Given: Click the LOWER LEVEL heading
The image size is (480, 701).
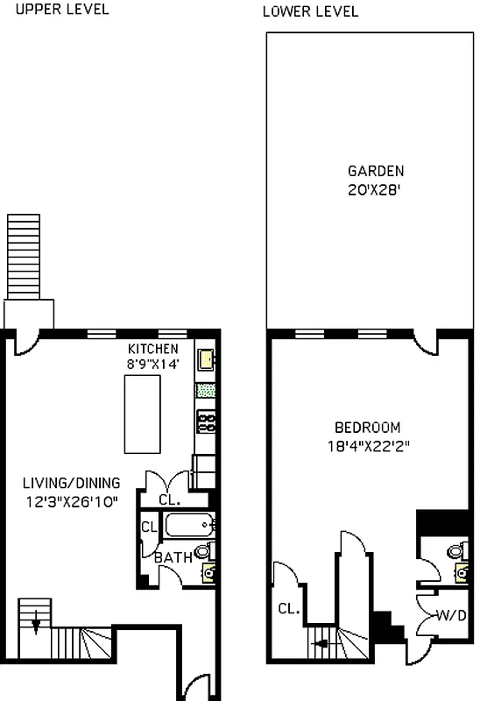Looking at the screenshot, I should [x=310, y=11].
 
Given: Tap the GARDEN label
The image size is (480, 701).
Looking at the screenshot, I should [x=376, y=171].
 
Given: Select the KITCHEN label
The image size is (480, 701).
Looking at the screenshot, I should [x=154, y=350].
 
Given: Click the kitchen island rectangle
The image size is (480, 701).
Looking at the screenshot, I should [x=144, y=411].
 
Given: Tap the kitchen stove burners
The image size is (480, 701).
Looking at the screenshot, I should [x=207, y=422].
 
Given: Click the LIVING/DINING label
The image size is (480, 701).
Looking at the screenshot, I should [x=72, y=483].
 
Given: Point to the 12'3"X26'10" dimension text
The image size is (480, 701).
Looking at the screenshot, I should [x=72, y=501].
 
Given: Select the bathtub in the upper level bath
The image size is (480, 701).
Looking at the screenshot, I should [x=189, y=526].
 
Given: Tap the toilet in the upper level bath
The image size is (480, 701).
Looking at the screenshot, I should [x=203, y=550].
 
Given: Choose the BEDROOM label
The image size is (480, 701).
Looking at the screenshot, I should [x=368, y=428].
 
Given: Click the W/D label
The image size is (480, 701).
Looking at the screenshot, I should [x=450, y=615].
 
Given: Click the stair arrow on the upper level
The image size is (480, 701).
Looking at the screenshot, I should [x=36, y=624].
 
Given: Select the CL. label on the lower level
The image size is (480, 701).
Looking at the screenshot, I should [x=289, y=608].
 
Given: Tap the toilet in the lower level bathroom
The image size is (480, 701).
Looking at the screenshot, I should [x=455, y=551].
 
